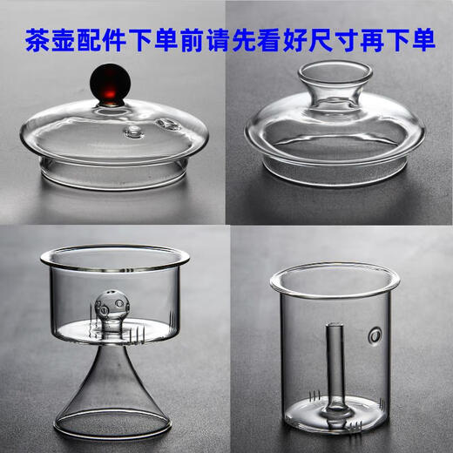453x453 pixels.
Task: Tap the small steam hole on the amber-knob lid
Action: point(135,132)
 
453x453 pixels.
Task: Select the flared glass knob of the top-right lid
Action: point(334,84)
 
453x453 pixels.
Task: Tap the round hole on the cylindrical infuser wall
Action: point(375,332)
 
